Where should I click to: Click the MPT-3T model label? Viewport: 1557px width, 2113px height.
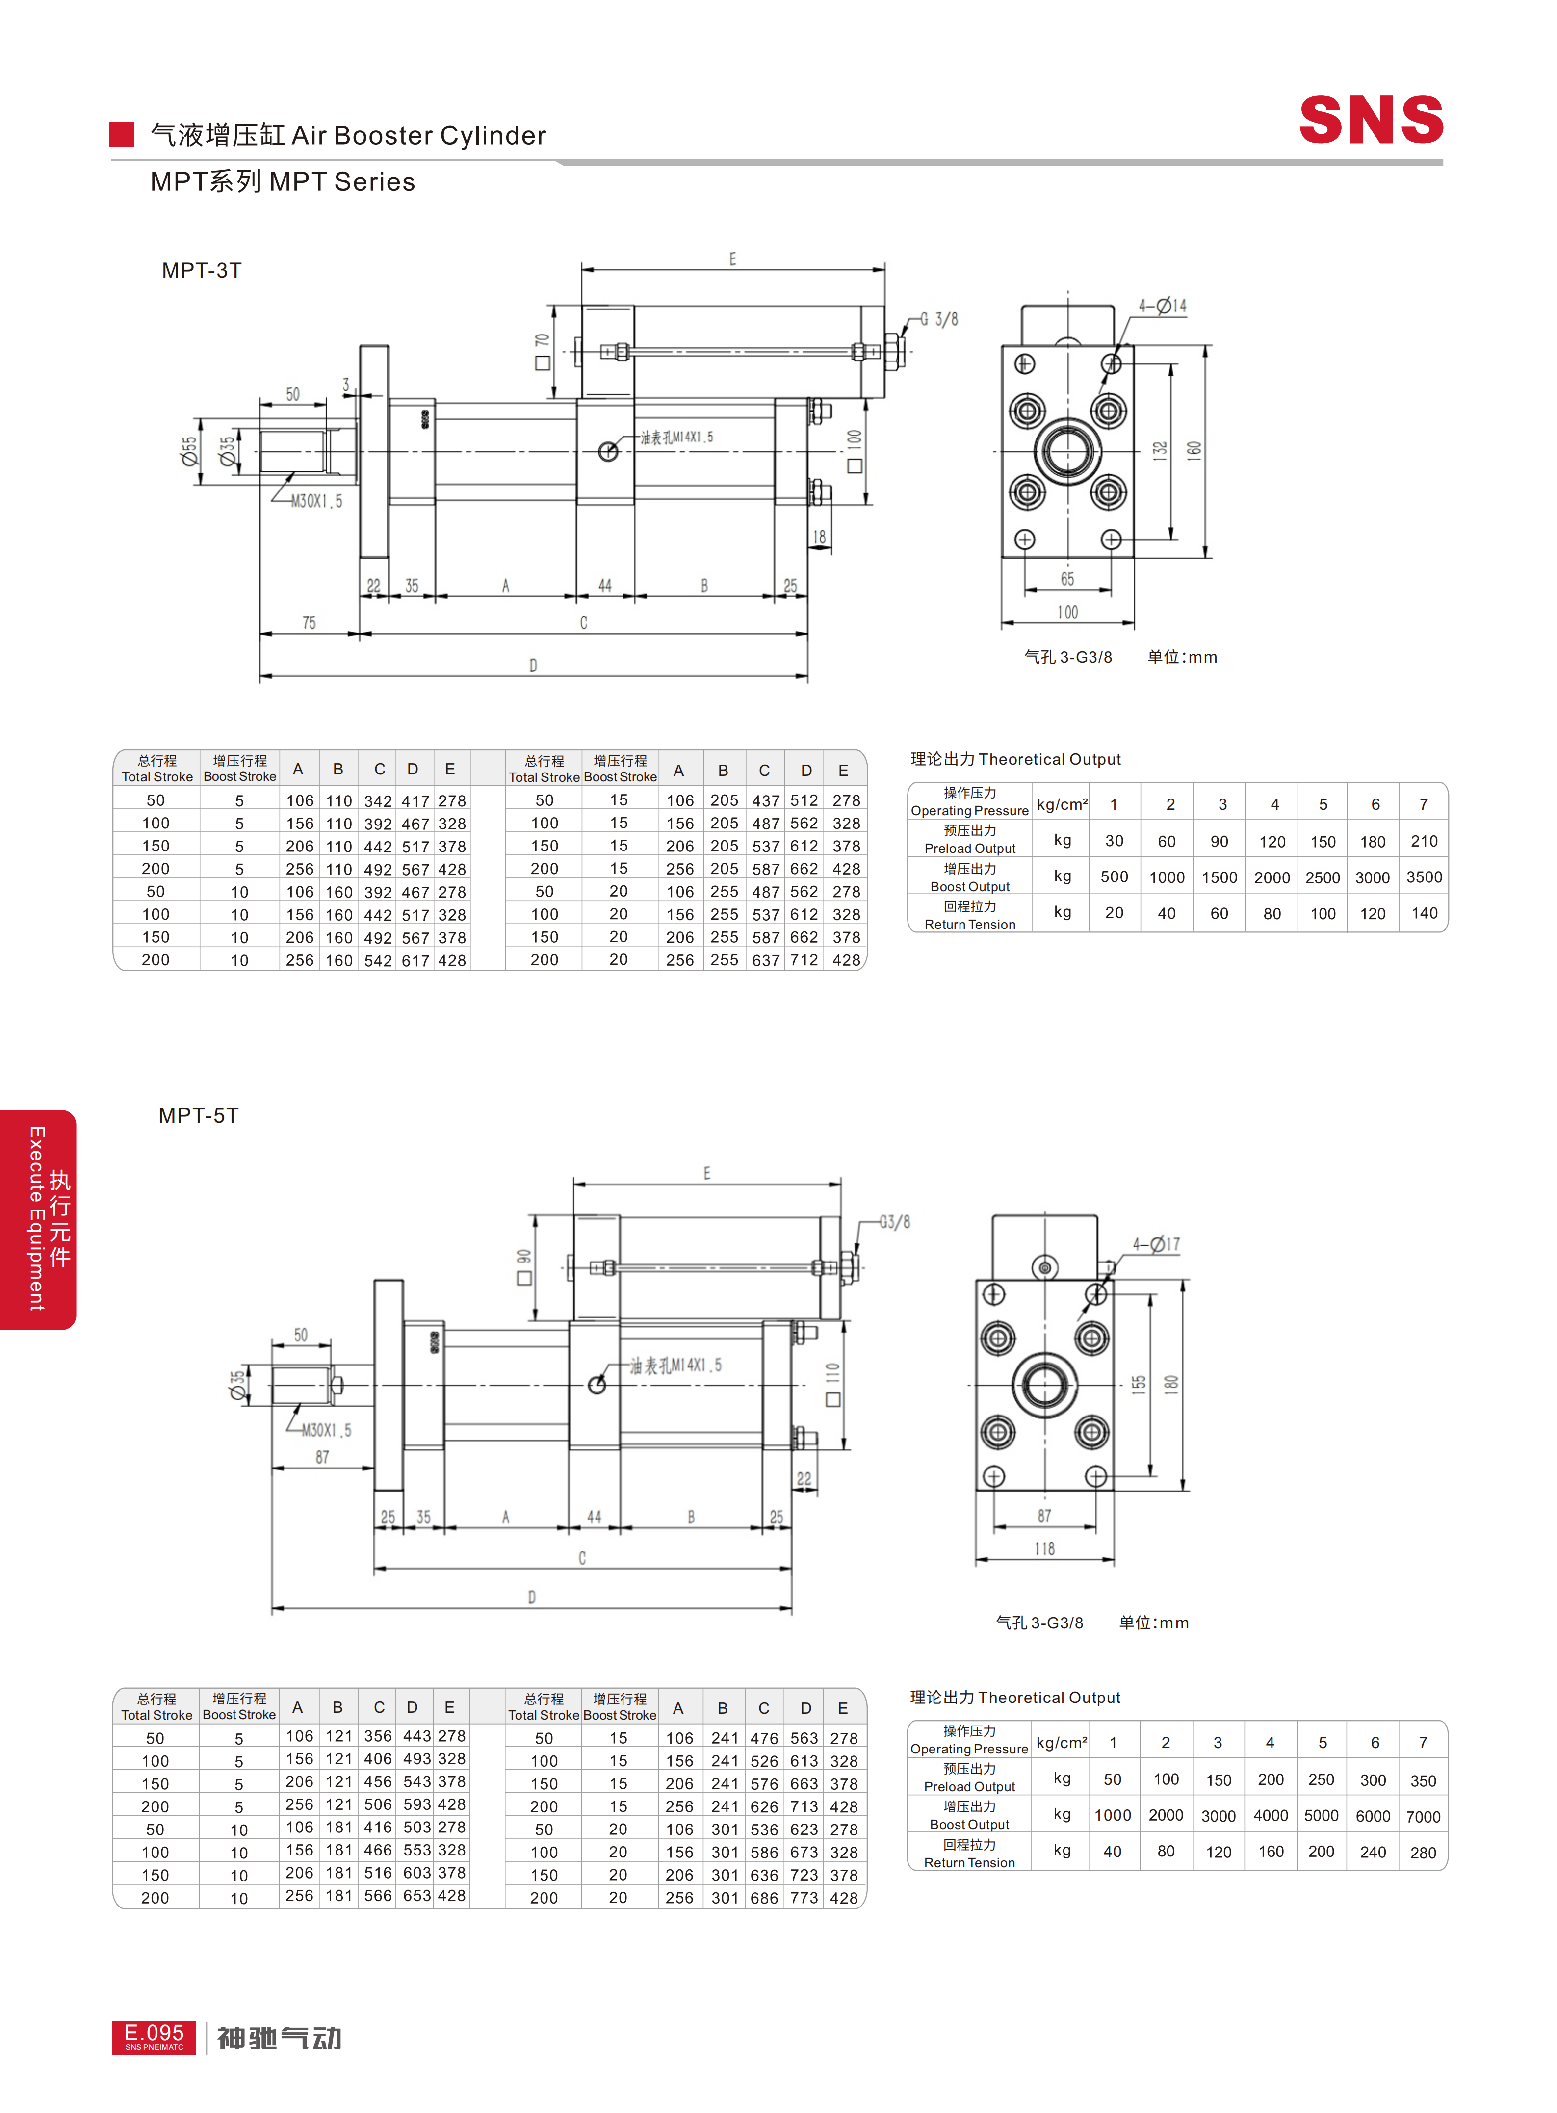pyautogui.click(x=202, y=270)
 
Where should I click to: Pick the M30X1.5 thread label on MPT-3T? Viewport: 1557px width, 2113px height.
pyautogui.click(x=317, y=501)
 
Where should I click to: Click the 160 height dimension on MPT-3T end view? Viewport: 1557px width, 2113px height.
pyautogui.click(x=1194, y=450)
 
